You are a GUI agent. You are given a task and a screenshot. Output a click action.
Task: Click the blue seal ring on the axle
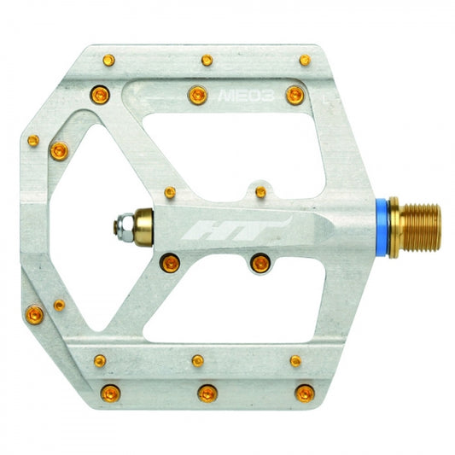pos(382,227)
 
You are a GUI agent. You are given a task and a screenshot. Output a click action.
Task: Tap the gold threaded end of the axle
pos(422,227)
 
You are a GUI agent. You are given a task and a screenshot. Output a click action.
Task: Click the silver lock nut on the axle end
pos(124,227)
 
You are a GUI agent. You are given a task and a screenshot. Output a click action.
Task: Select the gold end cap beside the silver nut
pos(143,227)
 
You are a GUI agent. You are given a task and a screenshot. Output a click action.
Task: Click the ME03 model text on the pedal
pos(246,96)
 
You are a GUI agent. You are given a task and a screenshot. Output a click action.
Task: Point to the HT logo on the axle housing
pos(236,229)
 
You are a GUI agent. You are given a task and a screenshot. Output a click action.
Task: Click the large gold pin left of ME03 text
pos(197,95)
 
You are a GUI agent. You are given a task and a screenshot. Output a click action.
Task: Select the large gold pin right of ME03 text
pos(295,95)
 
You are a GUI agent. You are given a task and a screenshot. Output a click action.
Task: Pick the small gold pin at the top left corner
pos(108,60)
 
